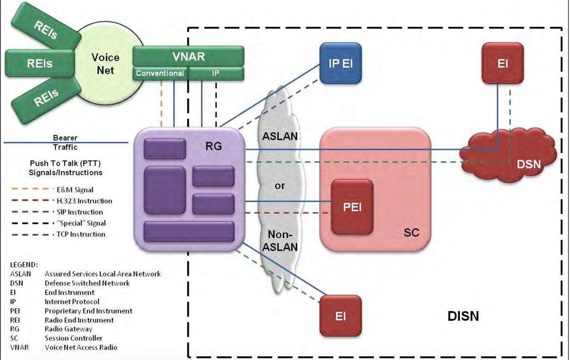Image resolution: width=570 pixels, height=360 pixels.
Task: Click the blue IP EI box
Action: click(x=340, y=63)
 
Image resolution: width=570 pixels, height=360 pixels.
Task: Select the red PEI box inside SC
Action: click(x=351, y=207)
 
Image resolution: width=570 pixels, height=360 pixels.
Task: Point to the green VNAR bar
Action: click(x=188, y=57)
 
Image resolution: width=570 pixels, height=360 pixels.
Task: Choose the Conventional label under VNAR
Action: click(x=160, y=74)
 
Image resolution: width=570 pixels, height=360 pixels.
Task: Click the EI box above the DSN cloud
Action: click(x=503, y=63)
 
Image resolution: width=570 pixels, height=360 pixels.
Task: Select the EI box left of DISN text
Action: click(x=340, y=316)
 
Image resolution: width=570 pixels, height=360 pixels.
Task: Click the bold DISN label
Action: click(x=463, y=316)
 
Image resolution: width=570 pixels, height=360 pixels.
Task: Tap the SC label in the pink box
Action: click(x=411, y=233)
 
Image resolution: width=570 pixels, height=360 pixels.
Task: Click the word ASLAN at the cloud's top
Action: click(x=280, y=136)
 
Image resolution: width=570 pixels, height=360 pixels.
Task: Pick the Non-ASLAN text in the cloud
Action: click(x=280, y=240)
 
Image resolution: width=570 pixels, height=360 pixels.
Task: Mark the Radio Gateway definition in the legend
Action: click(x=68, y=329)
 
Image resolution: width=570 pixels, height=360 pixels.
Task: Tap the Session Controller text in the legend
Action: click(x=74, y=338)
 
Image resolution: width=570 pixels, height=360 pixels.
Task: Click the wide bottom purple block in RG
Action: click(x=189, y=231)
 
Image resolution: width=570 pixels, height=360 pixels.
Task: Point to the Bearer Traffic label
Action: click(x=65, y=142)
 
